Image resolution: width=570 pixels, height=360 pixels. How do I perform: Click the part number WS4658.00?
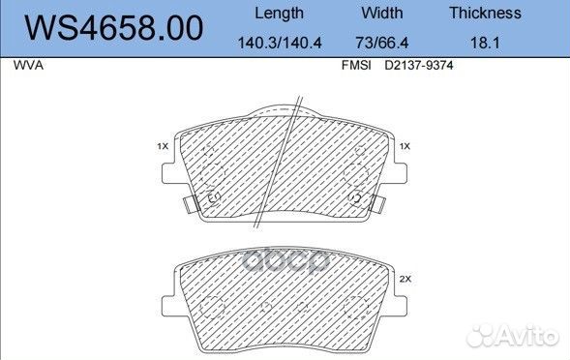pos(114,28)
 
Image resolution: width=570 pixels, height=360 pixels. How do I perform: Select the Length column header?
pos(279,14)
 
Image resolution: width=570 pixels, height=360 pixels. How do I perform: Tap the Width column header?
pos(382,14)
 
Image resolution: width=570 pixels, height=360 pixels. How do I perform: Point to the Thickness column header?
pos(485,14)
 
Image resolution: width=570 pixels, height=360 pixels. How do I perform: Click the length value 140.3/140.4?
pos(280,43)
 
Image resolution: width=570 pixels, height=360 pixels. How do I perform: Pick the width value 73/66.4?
pos(382,43)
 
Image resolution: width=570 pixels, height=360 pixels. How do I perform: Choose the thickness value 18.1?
pos(485,43)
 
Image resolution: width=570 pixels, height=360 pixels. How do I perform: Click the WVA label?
pos(28,66)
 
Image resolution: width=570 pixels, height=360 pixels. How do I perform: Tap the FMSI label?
pos(356,66)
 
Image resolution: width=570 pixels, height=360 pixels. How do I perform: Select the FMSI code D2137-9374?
pos(419,66)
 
